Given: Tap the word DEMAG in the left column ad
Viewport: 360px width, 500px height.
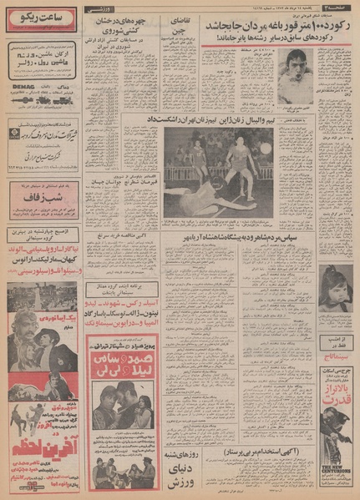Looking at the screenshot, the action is point(24,84).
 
